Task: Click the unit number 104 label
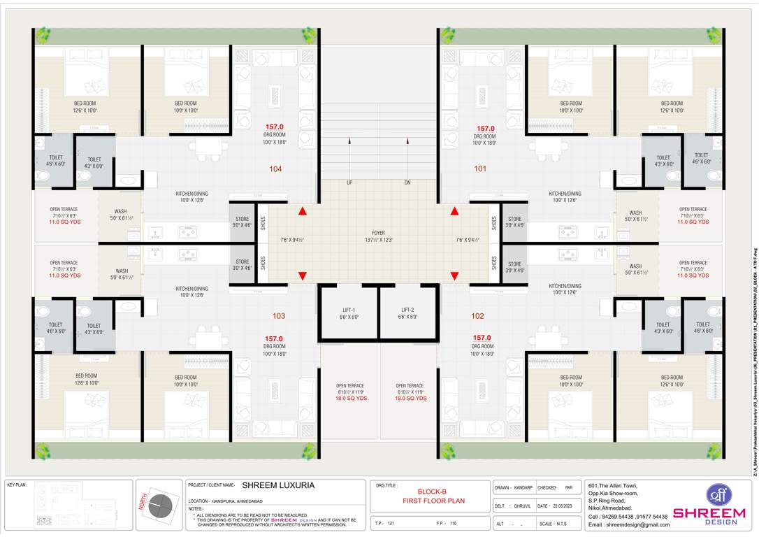tap(275, 169)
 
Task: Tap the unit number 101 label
tap(480, 169)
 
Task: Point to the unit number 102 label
tap(477, 316)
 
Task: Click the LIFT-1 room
tap(349, 313)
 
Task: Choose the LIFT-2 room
tap(409, 313)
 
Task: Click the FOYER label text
tap(378, 233)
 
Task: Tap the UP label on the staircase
tap(349, 182)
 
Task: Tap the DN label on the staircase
tap(407, 182)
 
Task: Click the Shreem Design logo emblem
tap(718, 495)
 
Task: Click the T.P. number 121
tap(391, 523)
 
